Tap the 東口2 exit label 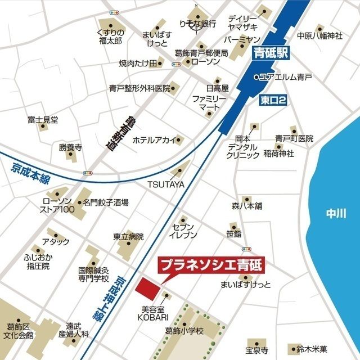pos(274,100)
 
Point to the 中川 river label pos(337,213)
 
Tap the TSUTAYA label pos(166,184)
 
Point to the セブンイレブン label pos(184,229)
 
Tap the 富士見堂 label pos(43,120)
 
